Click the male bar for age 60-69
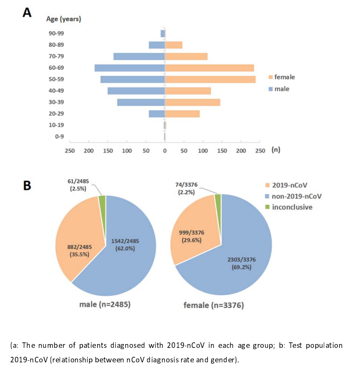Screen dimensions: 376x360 [x=130, y=68]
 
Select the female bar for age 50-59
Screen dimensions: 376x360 [x=210, y=79]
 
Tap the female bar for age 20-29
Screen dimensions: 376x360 [x=182, y=114]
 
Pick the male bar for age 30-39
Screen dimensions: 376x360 [x=141, y=102]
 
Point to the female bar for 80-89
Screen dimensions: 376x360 [x=173, y=45]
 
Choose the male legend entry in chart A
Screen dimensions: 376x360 [x=282, y=89]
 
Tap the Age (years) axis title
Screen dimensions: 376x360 [x=63, y=19]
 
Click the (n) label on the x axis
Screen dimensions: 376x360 [x=275, y=150]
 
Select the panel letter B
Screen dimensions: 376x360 [x=27, y=186]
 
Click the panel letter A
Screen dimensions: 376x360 [x=27, y=12]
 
